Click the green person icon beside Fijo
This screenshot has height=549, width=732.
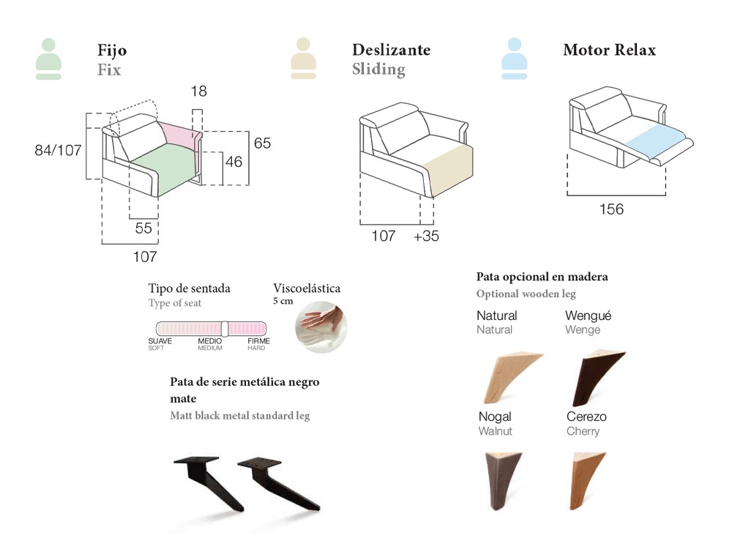tap(48, 59)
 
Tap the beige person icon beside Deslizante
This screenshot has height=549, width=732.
tap(303, 59)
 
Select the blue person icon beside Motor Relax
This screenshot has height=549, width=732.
tap(514, 59)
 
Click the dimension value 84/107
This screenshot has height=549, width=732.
tap(58, 150)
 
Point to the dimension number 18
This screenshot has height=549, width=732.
tap(198, 91)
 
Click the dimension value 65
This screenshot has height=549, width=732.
tap(262, 143)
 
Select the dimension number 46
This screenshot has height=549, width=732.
tap(233, 162)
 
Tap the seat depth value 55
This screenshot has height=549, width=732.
tap(143, 228)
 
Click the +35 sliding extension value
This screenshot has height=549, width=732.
tap(426, 236)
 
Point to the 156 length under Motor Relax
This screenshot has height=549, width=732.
tap(611, 209)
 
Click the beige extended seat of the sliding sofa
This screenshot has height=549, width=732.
tap(448, 166)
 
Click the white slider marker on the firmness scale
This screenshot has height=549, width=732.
tap(225, 329)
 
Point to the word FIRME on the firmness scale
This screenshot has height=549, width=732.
tap(258, 341)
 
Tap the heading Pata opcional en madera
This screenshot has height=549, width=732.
tap(542, 277)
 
